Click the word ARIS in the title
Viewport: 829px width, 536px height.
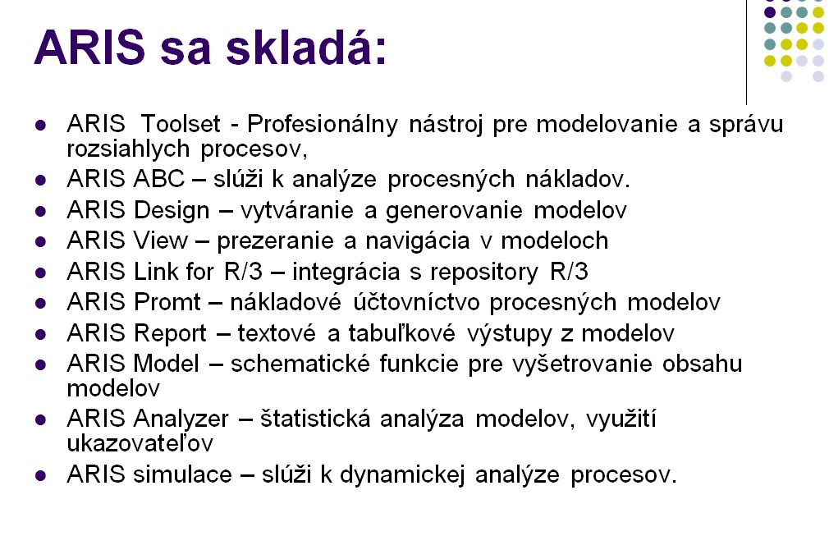[x=89, y=48]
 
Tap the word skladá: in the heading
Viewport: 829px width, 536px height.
[x=307, y=47]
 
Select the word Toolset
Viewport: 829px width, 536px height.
[x=181, y=124]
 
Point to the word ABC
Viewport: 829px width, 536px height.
[x=158, y=179]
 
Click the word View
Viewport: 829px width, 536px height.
[x=160, y=241]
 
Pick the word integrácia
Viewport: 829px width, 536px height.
[x=346, y=273]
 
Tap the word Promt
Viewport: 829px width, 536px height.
[x=167, y=303]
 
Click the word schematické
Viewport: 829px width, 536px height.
[x=300, y=364]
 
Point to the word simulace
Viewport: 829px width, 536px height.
[x=182, y=474]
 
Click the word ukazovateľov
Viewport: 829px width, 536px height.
[x=140, y=443]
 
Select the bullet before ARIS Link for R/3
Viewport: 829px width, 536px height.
[x=40, y=273]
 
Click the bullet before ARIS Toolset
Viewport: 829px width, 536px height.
[x=40, y=126]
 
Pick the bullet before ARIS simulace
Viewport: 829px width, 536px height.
[x=40, y=476]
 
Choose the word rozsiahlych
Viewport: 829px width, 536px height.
[x=128, y=149]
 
